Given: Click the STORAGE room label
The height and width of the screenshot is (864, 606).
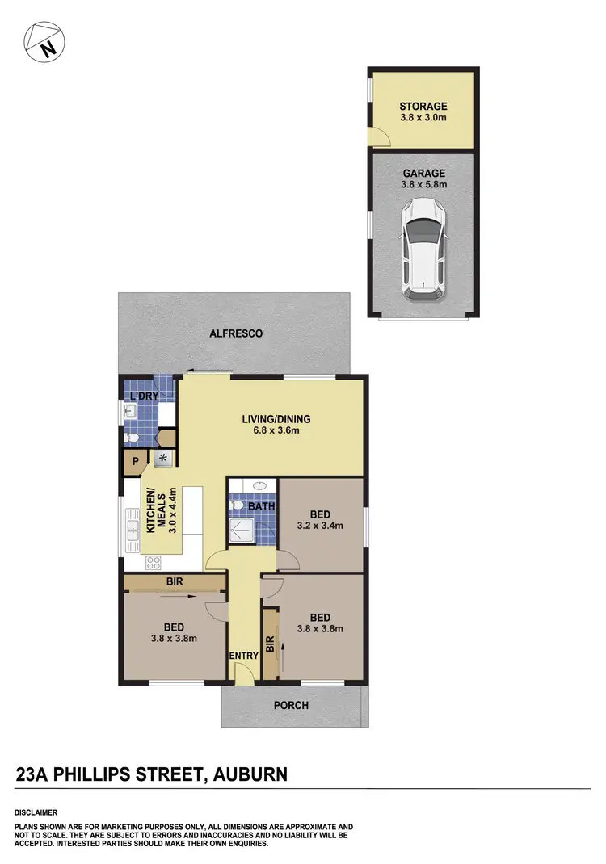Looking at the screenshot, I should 423,107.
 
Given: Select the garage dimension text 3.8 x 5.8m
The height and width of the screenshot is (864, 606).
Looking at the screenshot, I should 423,184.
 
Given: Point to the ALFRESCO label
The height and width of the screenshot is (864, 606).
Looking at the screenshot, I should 236,333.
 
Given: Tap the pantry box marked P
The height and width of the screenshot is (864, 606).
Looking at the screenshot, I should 134,462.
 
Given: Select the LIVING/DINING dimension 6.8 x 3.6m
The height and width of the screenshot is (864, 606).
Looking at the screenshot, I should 276,430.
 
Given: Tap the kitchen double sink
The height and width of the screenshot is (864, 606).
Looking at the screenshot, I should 132,530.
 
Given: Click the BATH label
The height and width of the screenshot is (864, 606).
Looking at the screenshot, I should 261,507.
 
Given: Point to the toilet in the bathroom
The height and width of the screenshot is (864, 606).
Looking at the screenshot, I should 237,506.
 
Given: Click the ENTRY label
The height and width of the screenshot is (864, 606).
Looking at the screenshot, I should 242,656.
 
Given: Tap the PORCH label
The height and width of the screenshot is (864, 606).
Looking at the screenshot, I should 291,705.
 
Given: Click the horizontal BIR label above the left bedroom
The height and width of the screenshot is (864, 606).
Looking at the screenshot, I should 174,581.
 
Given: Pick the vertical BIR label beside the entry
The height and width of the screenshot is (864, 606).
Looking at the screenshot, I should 271,644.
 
